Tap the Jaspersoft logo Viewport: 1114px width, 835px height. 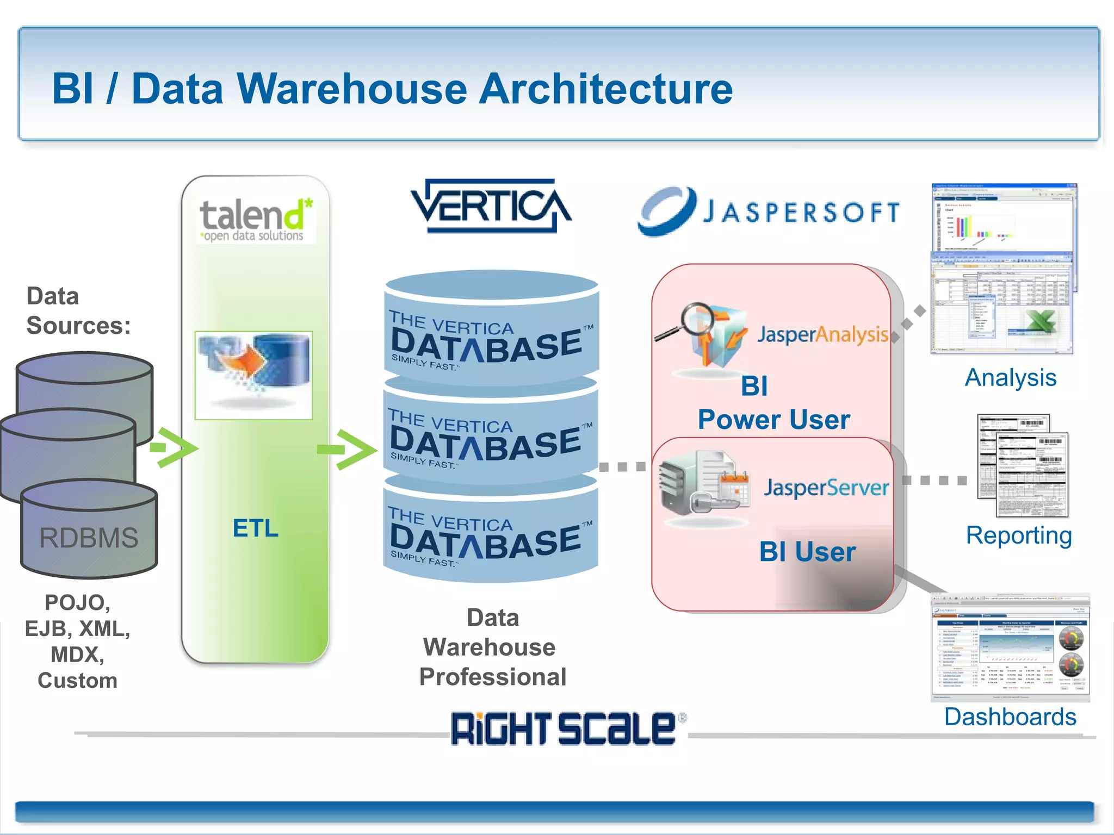[768, 212]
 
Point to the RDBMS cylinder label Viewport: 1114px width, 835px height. [89, 538]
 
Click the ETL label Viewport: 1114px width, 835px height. [255, 528]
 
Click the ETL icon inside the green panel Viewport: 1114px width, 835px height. [253, 375]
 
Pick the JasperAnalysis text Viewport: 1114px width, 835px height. [822, 335]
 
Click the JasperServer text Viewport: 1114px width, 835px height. [826, 488]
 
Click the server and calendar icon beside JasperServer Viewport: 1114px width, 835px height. [703, 484]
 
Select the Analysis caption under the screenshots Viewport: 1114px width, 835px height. [1010, 378]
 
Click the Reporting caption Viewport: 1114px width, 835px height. [1018, 536]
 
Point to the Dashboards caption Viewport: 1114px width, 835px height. [1010, 717]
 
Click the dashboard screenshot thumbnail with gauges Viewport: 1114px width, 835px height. [1010, 647]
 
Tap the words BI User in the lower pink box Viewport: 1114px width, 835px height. [807, 552]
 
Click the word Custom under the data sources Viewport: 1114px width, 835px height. [77, 681]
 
